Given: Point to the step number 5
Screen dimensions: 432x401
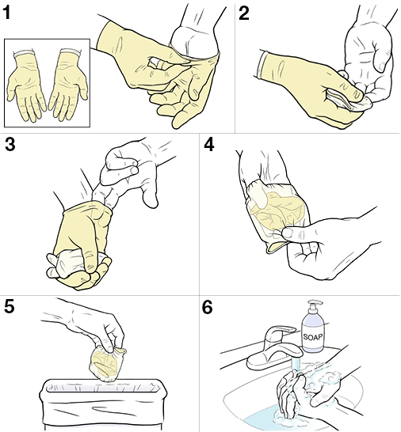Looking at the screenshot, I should point(10,307).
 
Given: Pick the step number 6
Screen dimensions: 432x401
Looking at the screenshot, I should point(209,307).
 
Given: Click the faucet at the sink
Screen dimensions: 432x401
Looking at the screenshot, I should point(269,352).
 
